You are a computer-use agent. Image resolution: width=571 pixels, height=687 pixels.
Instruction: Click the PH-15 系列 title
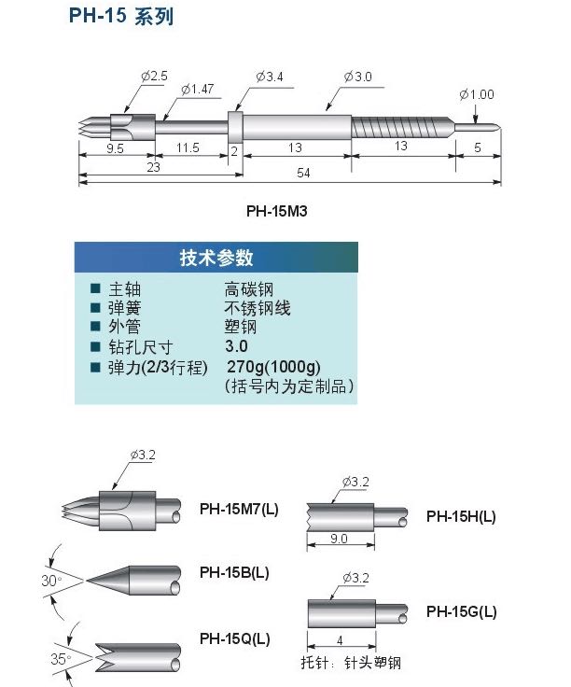pos(120,17)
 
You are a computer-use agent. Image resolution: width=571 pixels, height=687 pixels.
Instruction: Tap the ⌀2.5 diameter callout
pos(154,76)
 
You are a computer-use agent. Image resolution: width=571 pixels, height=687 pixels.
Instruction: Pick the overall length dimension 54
pos(303,173)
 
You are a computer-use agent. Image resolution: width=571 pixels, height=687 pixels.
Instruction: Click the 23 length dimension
pos(153,165)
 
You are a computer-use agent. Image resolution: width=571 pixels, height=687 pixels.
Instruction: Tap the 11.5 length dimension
pos(188,148)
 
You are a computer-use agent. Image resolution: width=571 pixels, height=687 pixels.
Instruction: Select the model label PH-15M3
pos(277,211)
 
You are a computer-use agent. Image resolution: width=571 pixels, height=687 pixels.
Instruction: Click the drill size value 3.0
pos(236,346)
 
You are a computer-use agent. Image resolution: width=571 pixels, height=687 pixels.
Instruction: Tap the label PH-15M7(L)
pos(239,510)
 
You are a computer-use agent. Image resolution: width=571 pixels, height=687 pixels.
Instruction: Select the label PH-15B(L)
pos(234,571)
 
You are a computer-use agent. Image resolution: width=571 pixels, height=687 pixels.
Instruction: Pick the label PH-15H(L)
pos(461,516)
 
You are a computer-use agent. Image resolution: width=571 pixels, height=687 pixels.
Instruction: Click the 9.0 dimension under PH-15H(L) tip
pos(339,539)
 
